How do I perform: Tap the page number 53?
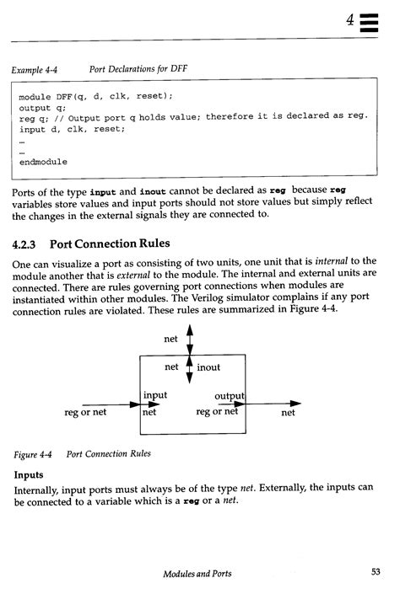(x=376, y=572)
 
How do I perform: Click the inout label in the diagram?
(x=208, y=368)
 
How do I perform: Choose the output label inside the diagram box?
(x=229, y=396)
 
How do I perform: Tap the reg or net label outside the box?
(x=85, y=413)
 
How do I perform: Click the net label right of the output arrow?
(x=288, y=414)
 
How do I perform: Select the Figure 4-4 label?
(x=33, y=454)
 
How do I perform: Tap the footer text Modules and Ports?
(x=197, y=573)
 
